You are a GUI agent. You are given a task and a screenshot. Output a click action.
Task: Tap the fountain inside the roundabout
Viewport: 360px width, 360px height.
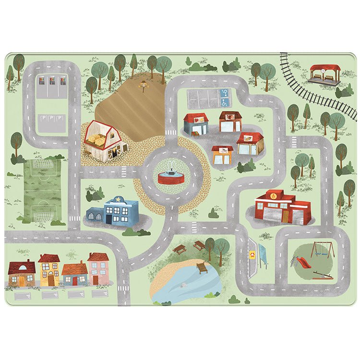tap(171, 174)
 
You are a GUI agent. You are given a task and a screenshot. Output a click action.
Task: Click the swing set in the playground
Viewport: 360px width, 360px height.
tap(320, 250)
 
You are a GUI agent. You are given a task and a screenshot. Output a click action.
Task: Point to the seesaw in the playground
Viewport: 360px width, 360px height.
tap(321, 275)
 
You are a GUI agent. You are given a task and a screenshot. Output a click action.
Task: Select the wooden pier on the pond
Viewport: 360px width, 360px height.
tap(202, 267)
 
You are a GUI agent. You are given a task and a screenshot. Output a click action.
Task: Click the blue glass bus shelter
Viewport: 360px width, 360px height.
tap(262, 255)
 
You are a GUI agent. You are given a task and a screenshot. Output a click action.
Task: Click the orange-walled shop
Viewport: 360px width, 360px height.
tap(222, 155)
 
